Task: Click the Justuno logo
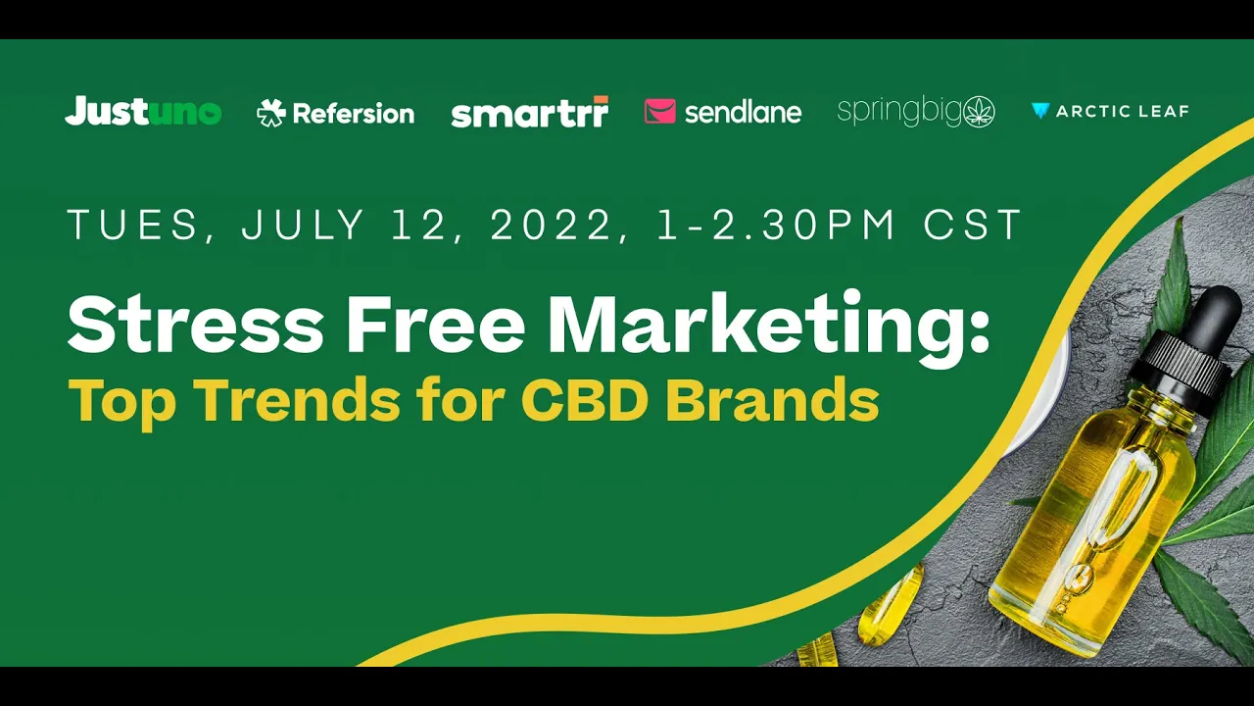pos(143,111)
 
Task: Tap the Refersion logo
pos(335,113)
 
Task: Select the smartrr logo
pos(530,112)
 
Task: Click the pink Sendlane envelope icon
pos(660,111)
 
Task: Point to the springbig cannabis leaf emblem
pos(978,112)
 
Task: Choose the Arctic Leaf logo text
pos(1122,112)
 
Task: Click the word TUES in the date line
pos(132,225)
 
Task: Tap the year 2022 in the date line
pos(551,225)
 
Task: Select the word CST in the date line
pos(973,225)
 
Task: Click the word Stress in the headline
pos(195,325)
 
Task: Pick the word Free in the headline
pos(436,325)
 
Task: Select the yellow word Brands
pos(773,399)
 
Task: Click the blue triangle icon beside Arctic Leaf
pos(1040,111)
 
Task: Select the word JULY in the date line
pos(303,225)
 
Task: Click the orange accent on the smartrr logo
pos(601,99)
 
